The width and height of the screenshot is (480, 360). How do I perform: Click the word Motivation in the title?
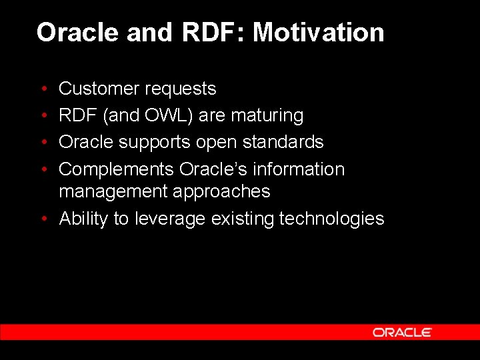point(318,33)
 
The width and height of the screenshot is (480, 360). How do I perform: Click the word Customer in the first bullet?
point(99,89)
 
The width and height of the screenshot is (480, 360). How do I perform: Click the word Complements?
point(116,169)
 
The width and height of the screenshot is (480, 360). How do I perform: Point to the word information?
point(297,169)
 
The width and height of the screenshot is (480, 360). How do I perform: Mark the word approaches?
point(221,192)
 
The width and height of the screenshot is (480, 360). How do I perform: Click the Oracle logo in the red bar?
point(402,332)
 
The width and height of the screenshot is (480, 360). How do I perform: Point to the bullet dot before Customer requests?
point(43,89)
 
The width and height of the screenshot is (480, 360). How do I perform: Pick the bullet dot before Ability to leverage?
point(43,219)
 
